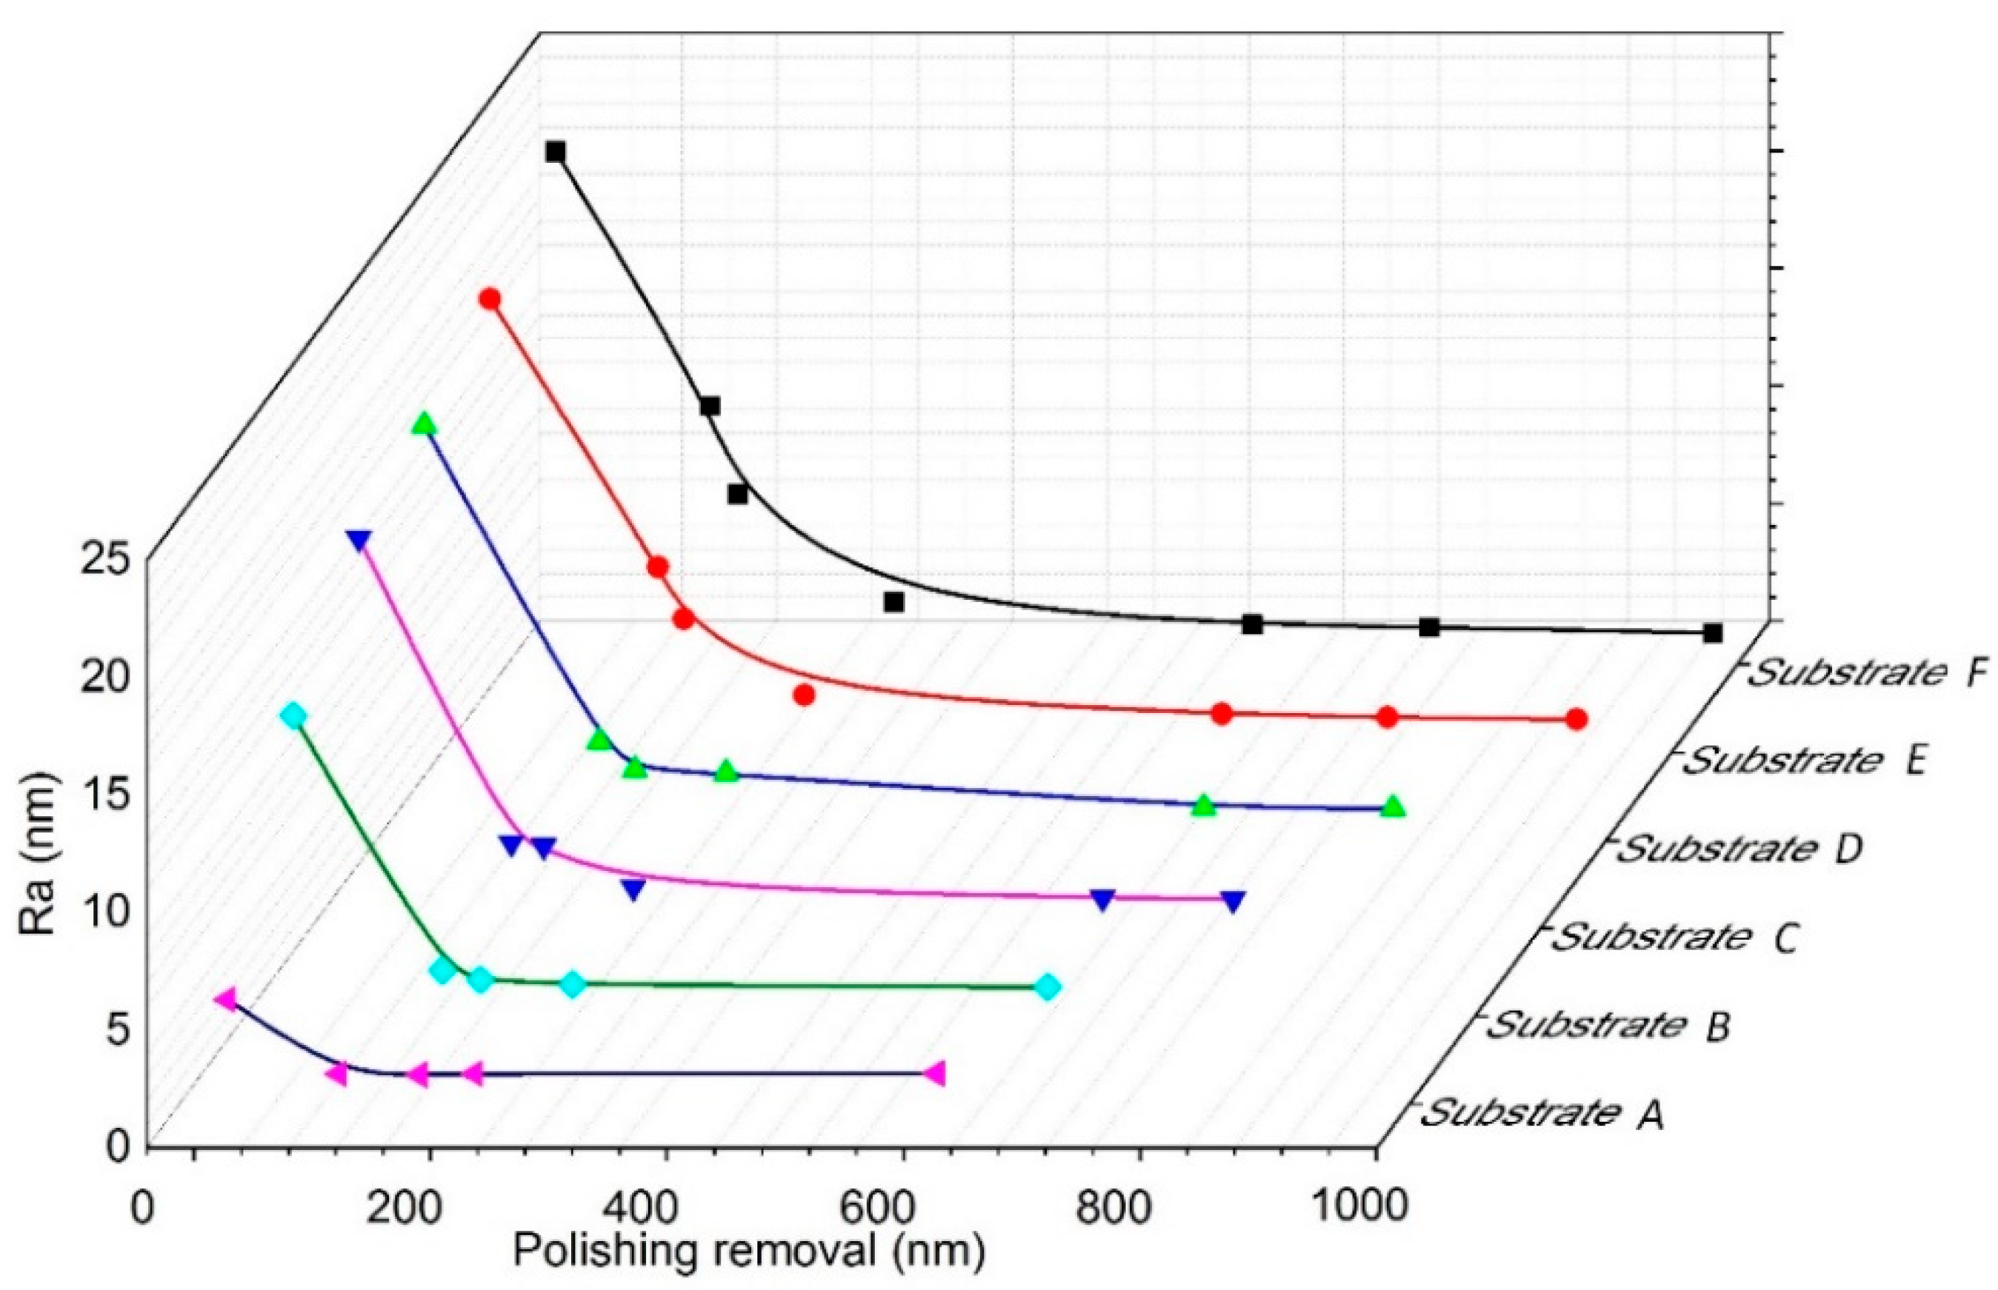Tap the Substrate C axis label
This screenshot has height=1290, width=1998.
click(1672, 937)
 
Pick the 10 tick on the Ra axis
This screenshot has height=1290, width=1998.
click(105, 912)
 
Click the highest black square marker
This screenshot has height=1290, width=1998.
click(556, 152)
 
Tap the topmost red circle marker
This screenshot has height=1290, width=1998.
click(490, 299)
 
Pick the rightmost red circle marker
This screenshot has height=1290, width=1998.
click(1576, 719)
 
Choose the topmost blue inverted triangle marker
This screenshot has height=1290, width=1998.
click(359, 541)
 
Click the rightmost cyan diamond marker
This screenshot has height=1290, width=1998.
click(1048, 988)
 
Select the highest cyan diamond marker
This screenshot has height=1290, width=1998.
click(293, 715)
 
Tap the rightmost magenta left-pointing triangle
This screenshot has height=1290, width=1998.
click(935, 1073)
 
